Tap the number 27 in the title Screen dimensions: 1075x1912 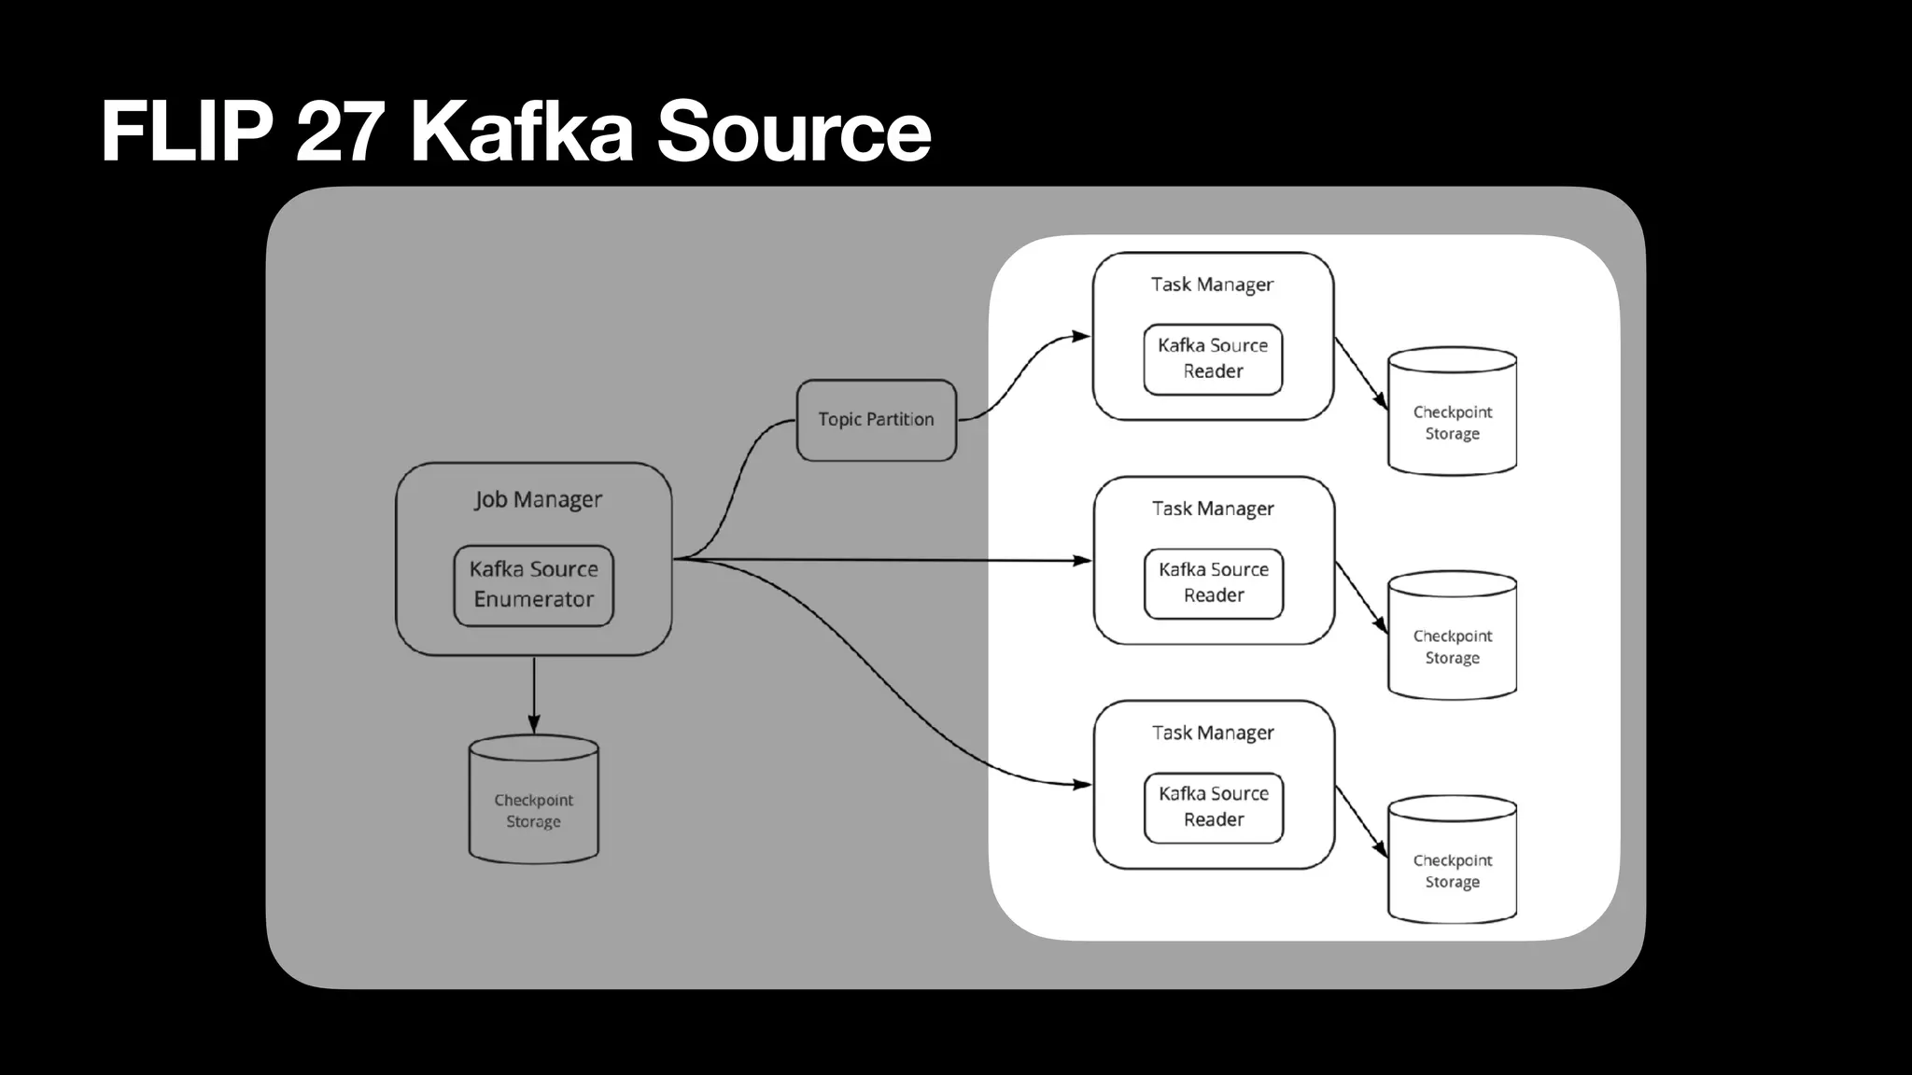(341, 132)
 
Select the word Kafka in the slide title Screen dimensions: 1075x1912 (522, 132)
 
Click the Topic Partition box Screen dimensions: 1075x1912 (876, 420)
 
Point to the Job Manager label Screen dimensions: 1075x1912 (538, 499)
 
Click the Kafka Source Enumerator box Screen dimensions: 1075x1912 (533, 585)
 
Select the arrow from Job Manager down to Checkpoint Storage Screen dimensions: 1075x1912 (534, 695)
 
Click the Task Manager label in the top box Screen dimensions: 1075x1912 (1212, 285)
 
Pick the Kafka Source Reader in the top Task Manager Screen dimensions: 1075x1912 (1213, 359)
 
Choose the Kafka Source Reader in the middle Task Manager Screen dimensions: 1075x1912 (1214, 583)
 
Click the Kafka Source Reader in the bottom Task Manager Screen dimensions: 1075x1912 (1214, 807)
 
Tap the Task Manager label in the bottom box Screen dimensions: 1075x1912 (1213, 733)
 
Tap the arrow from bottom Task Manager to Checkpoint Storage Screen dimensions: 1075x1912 (1361, 821)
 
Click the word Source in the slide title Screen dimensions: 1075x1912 (794, 132)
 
